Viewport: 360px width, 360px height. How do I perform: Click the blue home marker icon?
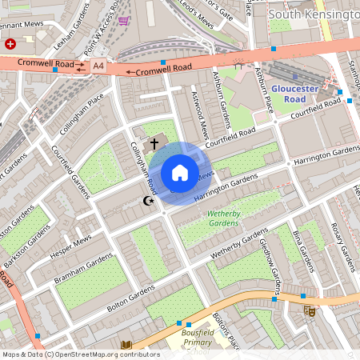tap(180, 173)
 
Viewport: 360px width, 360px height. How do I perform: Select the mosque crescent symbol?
tap(146, 202)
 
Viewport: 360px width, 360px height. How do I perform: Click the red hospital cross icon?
tap(10, 44)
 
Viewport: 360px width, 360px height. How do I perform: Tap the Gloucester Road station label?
tap(294, 93)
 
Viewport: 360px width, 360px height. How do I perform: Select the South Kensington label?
tap(314, 14)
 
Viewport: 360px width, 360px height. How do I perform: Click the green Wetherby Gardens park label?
tap(230, 219)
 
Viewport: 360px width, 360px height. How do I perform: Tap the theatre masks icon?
tap(310, 310)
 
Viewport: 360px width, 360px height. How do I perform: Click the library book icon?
tap(126, 346)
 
